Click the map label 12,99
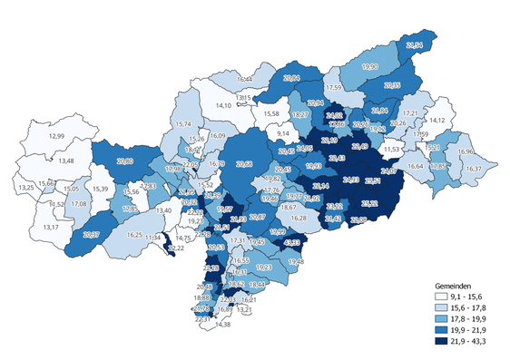(x=56, y=136)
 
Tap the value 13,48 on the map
(x=67, y=161)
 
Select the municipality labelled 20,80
(x=126, y=161)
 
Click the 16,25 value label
(x=134, y=235)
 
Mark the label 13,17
(x=50, y=226)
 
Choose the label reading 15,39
(x=100, y=189)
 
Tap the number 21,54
(x=416, y=44)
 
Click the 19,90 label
(x=370, y=67)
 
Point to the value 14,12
(x=437, y=120)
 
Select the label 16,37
(x=472, y=169)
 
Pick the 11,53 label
(x=392, y=149)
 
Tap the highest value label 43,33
(x=292, y=243)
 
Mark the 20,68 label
(x=243, y=165)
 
